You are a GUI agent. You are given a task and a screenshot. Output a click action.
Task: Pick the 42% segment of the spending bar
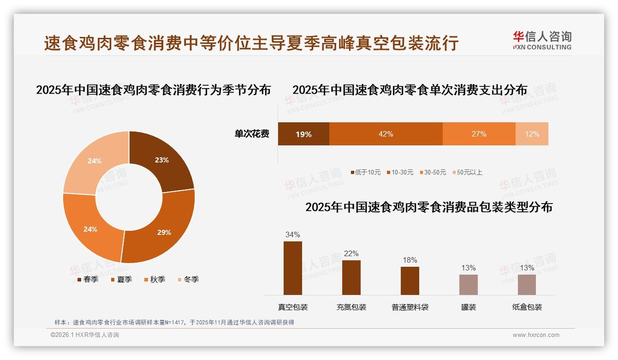click(386, 134)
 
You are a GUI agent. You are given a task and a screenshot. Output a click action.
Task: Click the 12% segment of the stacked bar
click(532, 134)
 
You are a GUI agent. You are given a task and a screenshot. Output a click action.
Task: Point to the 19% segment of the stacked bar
click(303, 134)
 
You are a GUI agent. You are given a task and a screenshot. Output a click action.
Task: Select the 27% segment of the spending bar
click(479, 134)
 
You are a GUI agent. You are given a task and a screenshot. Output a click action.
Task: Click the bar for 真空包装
click(292, 268)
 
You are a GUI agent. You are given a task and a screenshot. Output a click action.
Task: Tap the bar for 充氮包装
click(351, 277)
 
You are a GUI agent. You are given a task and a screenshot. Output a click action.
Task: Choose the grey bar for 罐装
click(468, 284)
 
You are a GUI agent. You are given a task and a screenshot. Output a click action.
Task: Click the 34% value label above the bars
click(292, 234)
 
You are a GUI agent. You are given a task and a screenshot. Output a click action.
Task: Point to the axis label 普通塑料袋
click(410, 307)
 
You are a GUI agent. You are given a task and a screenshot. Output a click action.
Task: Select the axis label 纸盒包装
click(527, 307)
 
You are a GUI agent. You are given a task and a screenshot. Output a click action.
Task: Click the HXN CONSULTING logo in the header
click(542, 40)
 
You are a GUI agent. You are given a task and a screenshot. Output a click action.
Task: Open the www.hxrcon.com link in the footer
click(535, 335)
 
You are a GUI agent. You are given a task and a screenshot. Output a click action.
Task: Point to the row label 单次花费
click(252, 134)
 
